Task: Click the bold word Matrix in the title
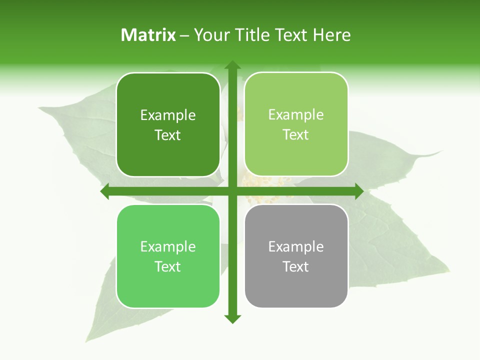[x=148, y=35]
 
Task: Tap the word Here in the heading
[x=331, y=35]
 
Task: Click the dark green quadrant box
[x=168, y=125]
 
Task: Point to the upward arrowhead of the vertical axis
[x=232, y=65]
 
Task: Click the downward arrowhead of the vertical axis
[x=232, y=318]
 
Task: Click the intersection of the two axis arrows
[x=232, y=191]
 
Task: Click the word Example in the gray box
[x=296, y=246]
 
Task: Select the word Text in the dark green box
[x=168, y=135]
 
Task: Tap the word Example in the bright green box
[x=168, y=246]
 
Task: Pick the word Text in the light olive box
[x=296, y=134]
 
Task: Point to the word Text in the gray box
[x=296, y=266]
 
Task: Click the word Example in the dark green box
[x=168, y=115]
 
